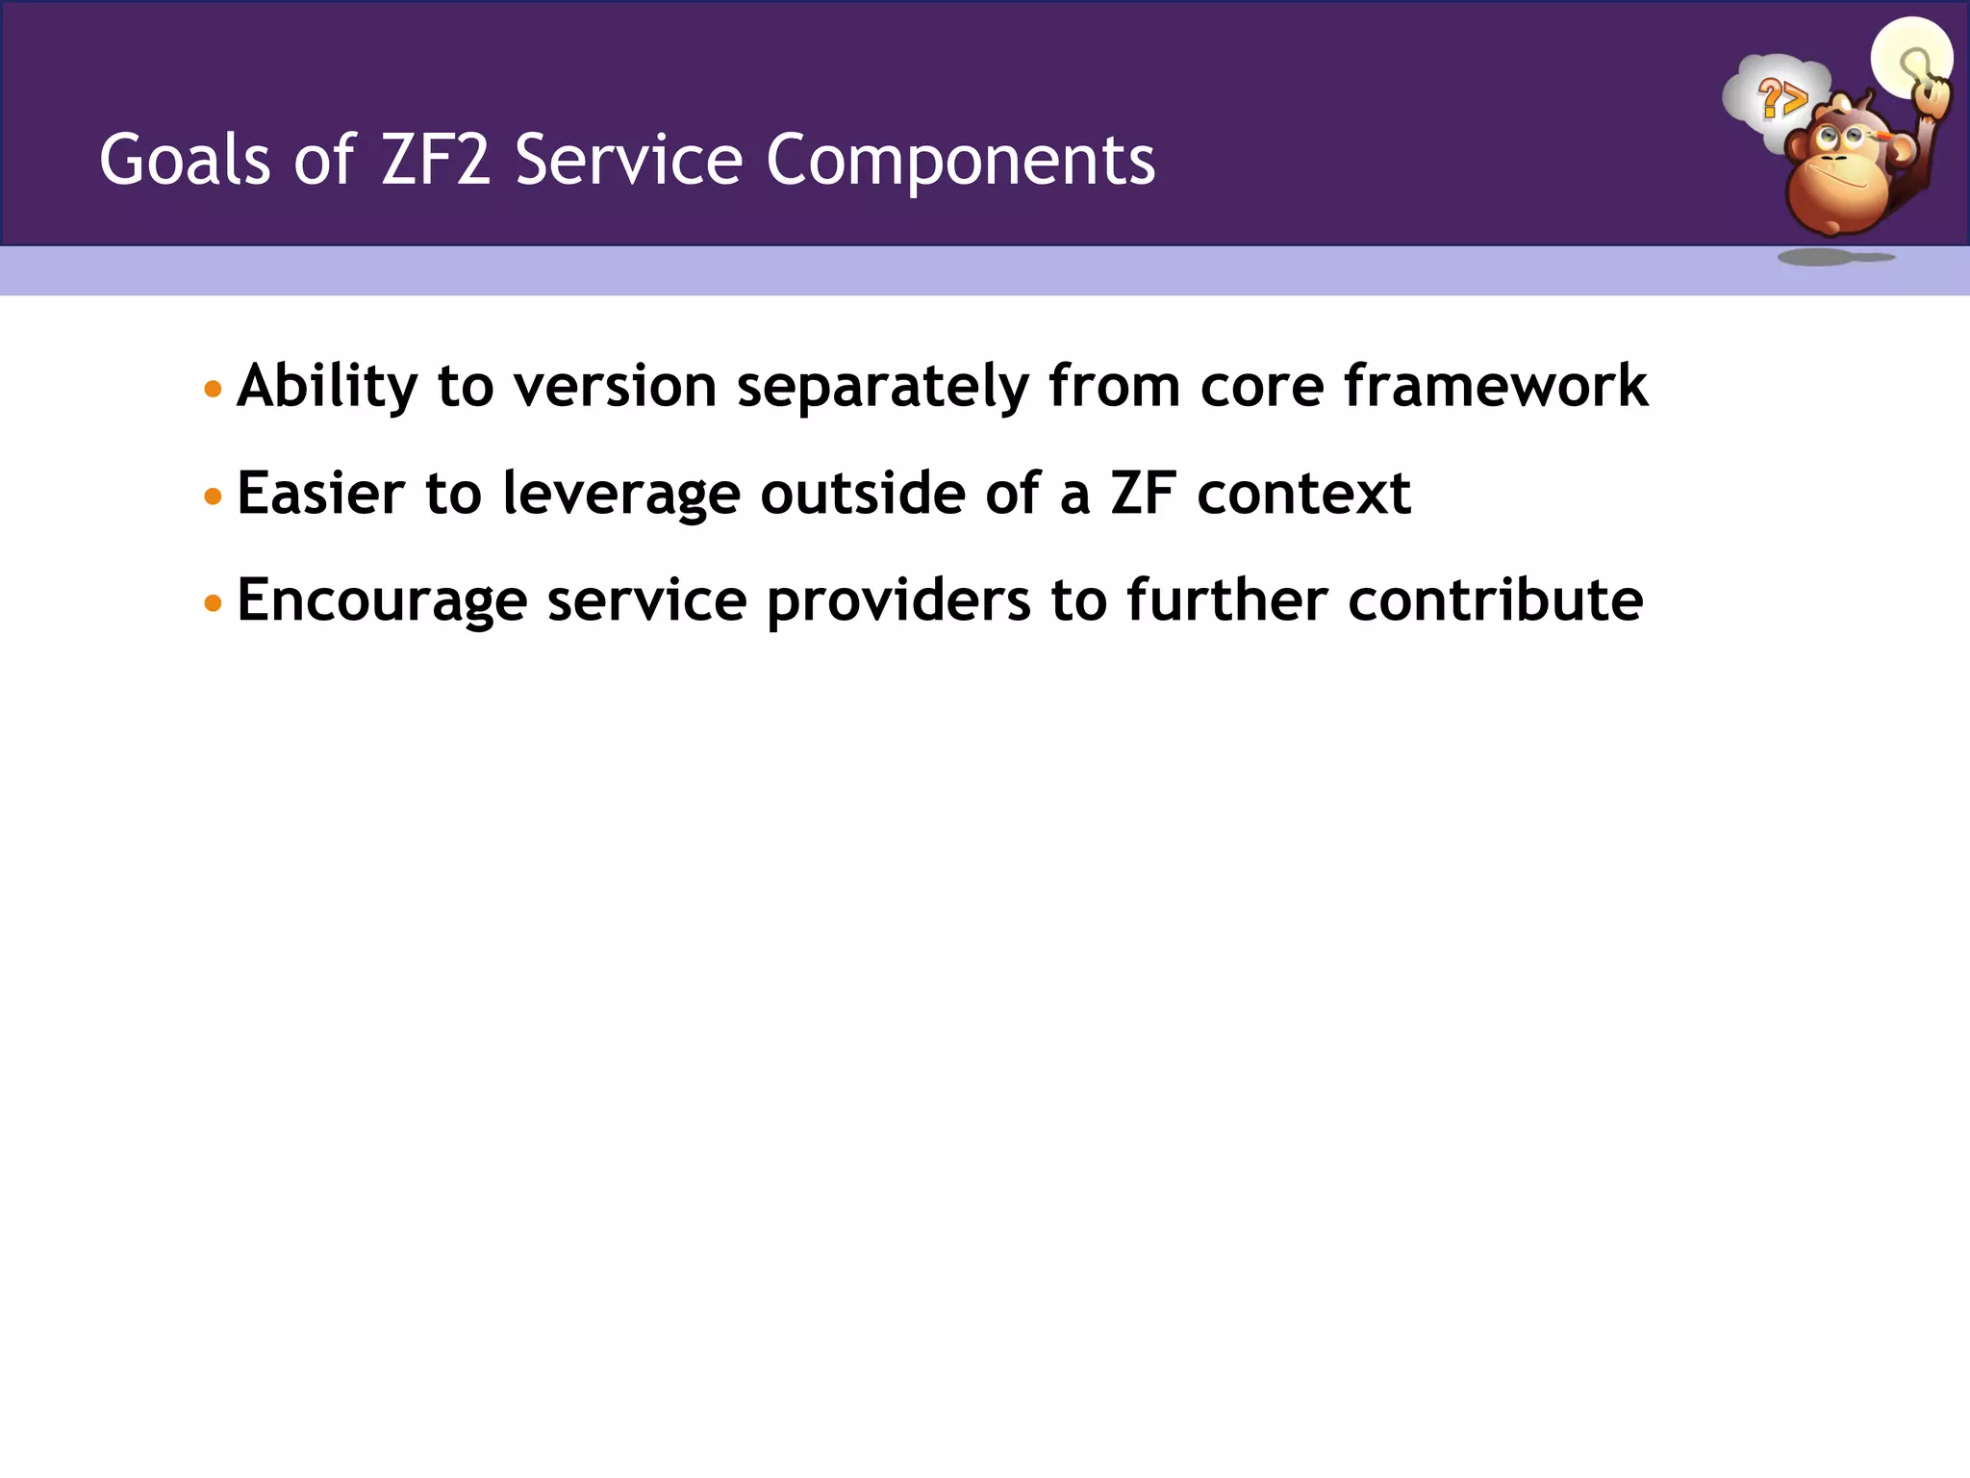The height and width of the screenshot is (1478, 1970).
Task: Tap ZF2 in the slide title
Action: point(436,160)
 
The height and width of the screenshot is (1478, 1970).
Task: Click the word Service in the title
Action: point(628,160)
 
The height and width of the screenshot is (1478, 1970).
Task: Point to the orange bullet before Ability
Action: point(214,390)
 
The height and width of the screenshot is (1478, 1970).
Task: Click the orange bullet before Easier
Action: point(214,497)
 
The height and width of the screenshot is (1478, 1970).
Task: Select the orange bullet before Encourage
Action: point(214,603)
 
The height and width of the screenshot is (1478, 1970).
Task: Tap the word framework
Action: point(1495,386)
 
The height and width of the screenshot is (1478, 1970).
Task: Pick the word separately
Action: point(882,388)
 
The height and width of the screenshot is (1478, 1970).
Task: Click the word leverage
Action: point(621,495)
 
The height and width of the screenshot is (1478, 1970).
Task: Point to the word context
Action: point(1303,493)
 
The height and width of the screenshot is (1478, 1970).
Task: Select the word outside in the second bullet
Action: point(863,493)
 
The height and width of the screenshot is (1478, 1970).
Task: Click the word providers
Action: point(897,601)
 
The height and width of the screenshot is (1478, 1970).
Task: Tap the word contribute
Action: point(1495,599)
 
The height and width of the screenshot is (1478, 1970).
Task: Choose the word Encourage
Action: point(382,601)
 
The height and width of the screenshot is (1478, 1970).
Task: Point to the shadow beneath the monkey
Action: point(1832,257)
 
